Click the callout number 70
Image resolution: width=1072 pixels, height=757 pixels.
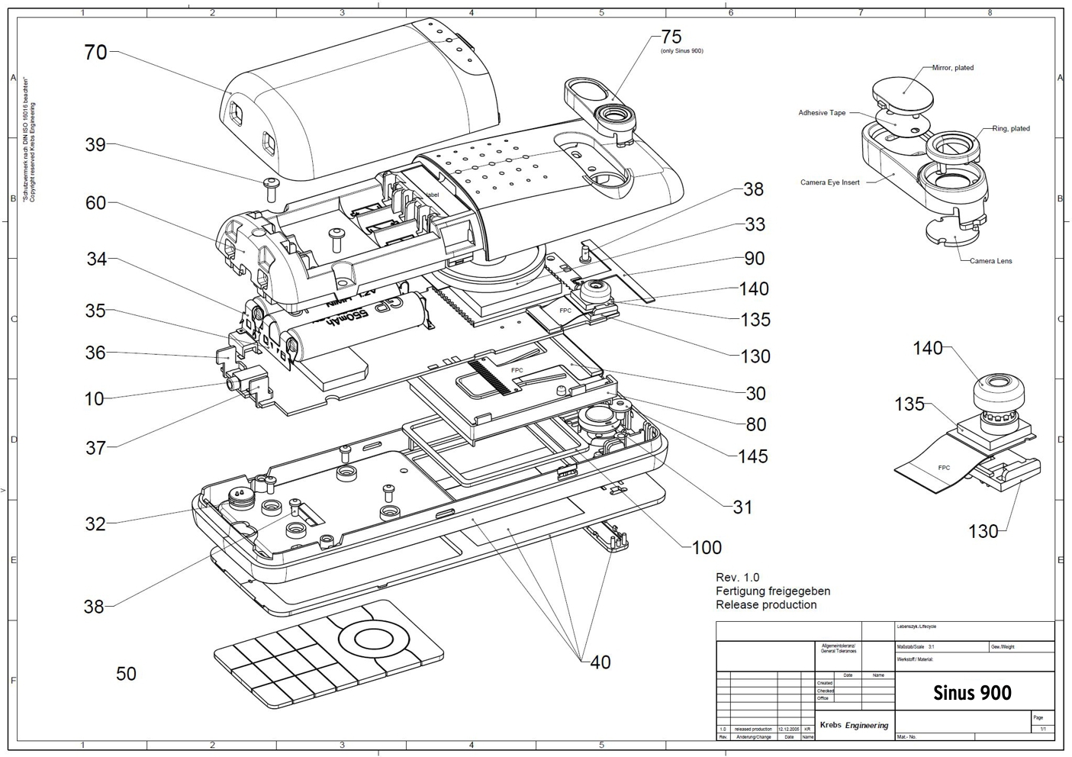(95, 53)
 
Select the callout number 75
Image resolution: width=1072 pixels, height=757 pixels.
(671, 37)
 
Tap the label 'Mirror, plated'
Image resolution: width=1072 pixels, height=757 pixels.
(952, 68)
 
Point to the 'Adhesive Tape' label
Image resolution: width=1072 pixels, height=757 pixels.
(822, 113)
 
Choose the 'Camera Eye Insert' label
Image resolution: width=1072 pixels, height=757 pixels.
(829, 182)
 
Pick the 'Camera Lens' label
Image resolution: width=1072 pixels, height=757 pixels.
(990, 261)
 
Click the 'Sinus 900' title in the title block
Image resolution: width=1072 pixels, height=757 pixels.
(972, 693)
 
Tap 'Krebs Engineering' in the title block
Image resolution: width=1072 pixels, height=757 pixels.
(854, 725)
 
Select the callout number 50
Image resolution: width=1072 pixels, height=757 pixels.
(126, 674)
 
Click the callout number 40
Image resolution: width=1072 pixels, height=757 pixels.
(600, 662)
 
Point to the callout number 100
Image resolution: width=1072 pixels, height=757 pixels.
(707, 547)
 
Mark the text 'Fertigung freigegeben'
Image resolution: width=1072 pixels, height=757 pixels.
(772, 591)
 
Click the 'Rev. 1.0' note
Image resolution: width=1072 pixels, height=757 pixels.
(737, 577)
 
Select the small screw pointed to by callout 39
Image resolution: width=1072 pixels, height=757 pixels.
(272, 184)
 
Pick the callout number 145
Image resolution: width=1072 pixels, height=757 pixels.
(752, 456)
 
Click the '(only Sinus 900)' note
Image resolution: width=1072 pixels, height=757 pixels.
(681, 51)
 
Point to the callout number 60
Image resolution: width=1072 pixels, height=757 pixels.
(95, 203)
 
